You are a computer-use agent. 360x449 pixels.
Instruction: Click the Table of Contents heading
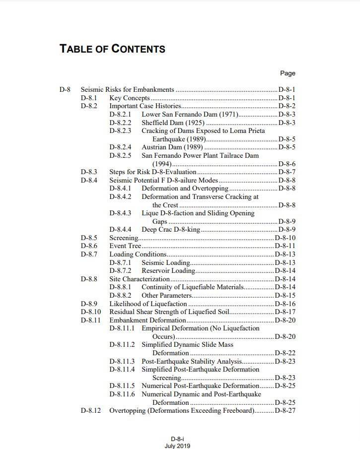click(112, 49)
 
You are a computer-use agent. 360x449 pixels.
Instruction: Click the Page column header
click(288, 73)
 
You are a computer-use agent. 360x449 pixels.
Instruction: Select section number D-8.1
click(88, 98)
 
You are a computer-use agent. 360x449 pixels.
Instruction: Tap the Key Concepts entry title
click(129, 98)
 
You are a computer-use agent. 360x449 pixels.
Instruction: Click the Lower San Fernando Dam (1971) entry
click(190, 115)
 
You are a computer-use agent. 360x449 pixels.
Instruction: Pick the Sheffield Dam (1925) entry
click(173, 123)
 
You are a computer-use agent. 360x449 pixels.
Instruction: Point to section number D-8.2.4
click(120, 147)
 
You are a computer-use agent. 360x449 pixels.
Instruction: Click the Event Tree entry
click(125, 246)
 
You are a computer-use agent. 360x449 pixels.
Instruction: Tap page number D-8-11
click(285, 246)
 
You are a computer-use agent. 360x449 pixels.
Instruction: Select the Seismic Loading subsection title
click(166, 262)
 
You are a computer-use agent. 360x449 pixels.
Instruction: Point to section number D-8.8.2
click(120, 296)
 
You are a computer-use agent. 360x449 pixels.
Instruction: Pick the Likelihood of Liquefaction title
click(148, 304)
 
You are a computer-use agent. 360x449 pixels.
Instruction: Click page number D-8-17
click(285, 312)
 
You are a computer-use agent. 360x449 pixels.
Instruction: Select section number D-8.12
click(91, 411)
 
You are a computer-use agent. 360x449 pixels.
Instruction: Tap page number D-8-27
click(285, 411)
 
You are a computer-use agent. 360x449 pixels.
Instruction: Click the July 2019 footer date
click(177, 446)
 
